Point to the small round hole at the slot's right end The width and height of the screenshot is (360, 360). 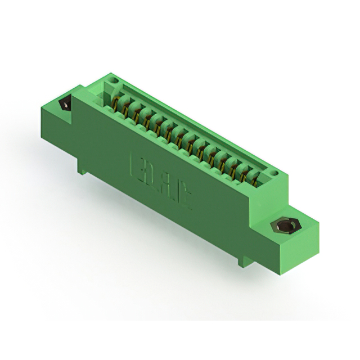click(x=274, y=173)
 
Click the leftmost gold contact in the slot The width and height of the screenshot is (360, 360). click(x=116, y=103)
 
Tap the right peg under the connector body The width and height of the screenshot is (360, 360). click(x=242, y=259)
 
